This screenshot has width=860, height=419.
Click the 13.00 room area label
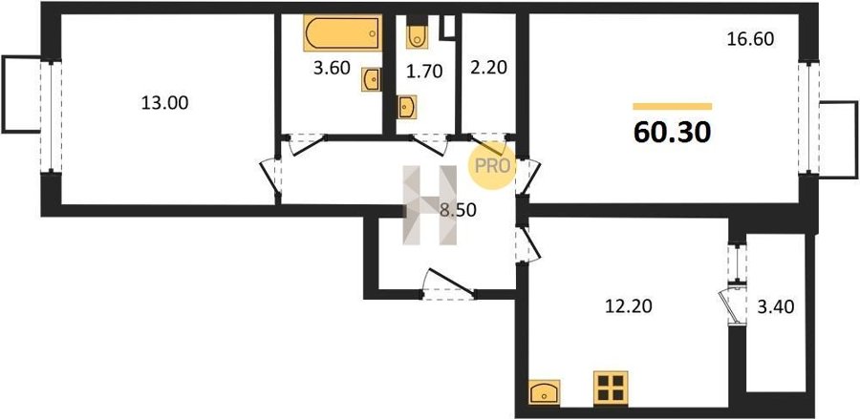click(164, 103)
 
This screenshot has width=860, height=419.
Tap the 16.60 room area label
click(750, 39)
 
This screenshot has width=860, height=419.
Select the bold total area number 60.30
click(673, 132)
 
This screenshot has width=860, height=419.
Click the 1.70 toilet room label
click(424, 72)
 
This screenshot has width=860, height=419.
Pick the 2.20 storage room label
click(488, 68)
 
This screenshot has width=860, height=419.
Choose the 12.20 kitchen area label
click(629, 306)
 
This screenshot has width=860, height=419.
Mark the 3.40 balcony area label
click(776, 307)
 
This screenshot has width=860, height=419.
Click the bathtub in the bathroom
click(343, 32)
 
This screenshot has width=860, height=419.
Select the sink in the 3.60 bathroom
click(371, 80)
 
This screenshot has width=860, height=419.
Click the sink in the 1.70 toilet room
click(407, 107)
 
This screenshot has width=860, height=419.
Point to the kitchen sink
click(544, 392)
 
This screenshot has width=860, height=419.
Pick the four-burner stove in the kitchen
click(611, 388)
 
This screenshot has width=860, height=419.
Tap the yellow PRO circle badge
click(492, 165)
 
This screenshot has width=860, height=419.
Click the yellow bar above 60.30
click(673, 106)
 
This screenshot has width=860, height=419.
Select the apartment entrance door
click(449, 283)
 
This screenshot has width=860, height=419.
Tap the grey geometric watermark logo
click(430, 204)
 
